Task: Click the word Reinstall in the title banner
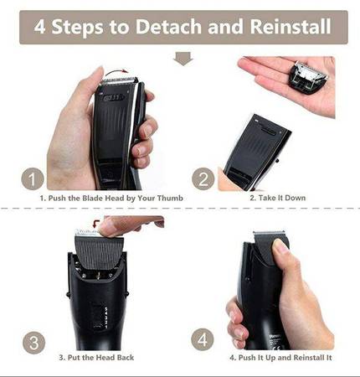(291, 27)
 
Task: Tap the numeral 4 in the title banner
(40, 27)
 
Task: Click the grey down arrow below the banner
(183, 59)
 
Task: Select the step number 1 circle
(33, 179)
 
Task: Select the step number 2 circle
(203, 179)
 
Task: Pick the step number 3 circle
(33, 343)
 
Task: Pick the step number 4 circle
(203, 339)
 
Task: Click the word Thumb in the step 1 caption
(170, 198)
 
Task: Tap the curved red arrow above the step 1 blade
(115, 72)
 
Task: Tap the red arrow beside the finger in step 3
(95, 223)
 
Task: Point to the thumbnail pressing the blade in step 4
(280, 245)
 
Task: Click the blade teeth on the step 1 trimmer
(119, 80)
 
